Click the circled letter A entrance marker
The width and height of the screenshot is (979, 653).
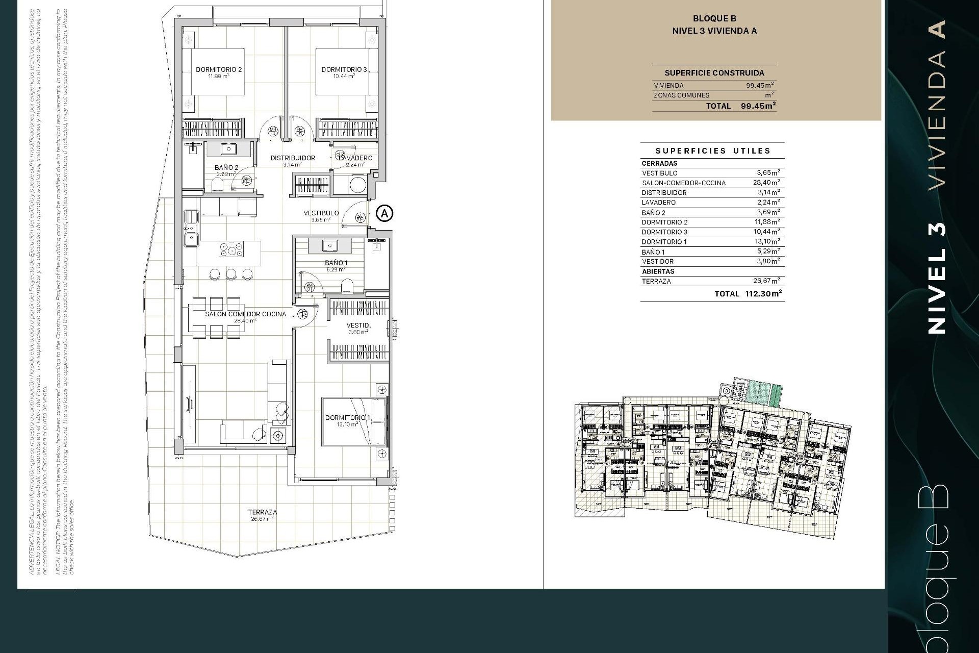(x=384, y=213)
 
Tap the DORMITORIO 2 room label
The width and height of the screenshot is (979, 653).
(x=219, y=69)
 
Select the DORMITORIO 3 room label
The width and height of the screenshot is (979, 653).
(x=344, y=69)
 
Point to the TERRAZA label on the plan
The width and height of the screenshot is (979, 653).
(x=262, y=512)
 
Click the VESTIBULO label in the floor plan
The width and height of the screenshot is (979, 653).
(x=321, y=213)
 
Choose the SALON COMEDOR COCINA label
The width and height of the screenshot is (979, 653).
(x=245, y=314)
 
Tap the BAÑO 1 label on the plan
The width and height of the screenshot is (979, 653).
(x=336, y=263)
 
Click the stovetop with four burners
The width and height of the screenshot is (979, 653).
(x=231, y=249)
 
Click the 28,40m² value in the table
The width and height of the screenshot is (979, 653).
(x=766, y=182)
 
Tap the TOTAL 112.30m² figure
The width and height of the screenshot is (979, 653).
(x=748, y=293)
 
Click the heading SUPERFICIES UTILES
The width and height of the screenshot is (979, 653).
(x=712, y=150)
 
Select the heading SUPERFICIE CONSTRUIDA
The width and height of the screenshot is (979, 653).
(x=714, y=72)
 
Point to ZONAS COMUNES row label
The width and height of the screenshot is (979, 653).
(x=681, y=95)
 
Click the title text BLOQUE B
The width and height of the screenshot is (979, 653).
(x=714, y=18)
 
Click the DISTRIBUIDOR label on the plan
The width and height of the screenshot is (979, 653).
(x=293, y=158)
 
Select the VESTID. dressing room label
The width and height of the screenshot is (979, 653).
(x=358, y=325)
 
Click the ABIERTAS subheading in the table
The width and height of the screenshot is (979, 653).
(x=658, y=271)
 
